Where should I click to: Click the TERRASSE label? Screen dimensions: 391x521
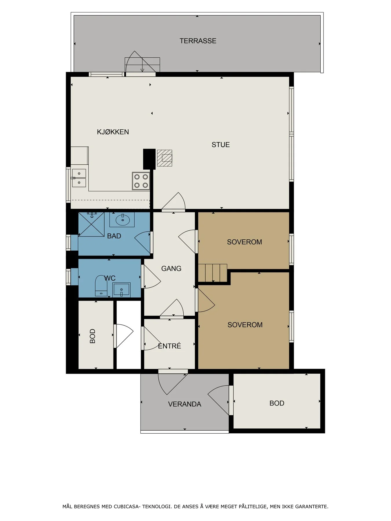[x=198, y=41]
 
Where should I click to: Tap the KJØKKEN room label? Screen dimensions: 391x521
[x=113, y=132]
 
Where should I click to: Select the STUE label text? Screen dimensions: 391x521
[x=221, y=145]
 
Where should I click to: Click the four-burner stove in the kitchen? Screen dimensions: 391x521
[x=141, y=181]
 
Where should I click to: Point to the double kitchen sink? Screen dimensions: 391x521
[x=79, y=178]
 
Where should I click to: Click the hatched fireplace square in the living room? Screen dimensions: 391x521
[x=165, y=158]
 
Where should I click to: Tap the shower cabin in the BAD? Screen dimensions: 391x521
[x=91, y=224]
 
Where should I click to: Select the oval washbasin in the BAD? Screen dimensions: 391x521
[x=123, y=220]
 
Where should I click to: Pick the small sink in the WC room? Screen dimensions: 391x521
[x=122, y=289]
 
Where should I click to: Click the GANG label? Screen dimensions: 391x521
[x=171, y=269]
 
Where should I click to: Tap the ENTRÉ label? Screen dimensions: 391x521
[x=169, y=346]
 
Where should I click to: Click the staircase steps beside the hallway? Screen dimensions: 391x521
[x=213, y=273]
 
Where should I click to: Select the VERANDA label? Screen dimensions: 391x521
[x=184, y=404]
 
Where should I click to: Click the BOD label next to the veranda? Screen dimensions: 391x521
[x=277, y=403]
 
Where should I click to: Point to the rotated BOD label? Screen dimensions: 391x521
[x=93, y=336]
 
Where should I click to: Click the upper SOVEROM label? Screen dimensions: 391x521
[x=244, y=242]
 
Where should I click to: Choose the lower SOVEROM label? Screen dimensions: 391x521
[x=245, y=325]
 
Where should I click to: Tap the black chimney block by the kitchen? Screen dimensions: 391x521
[x=149, y=159]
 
